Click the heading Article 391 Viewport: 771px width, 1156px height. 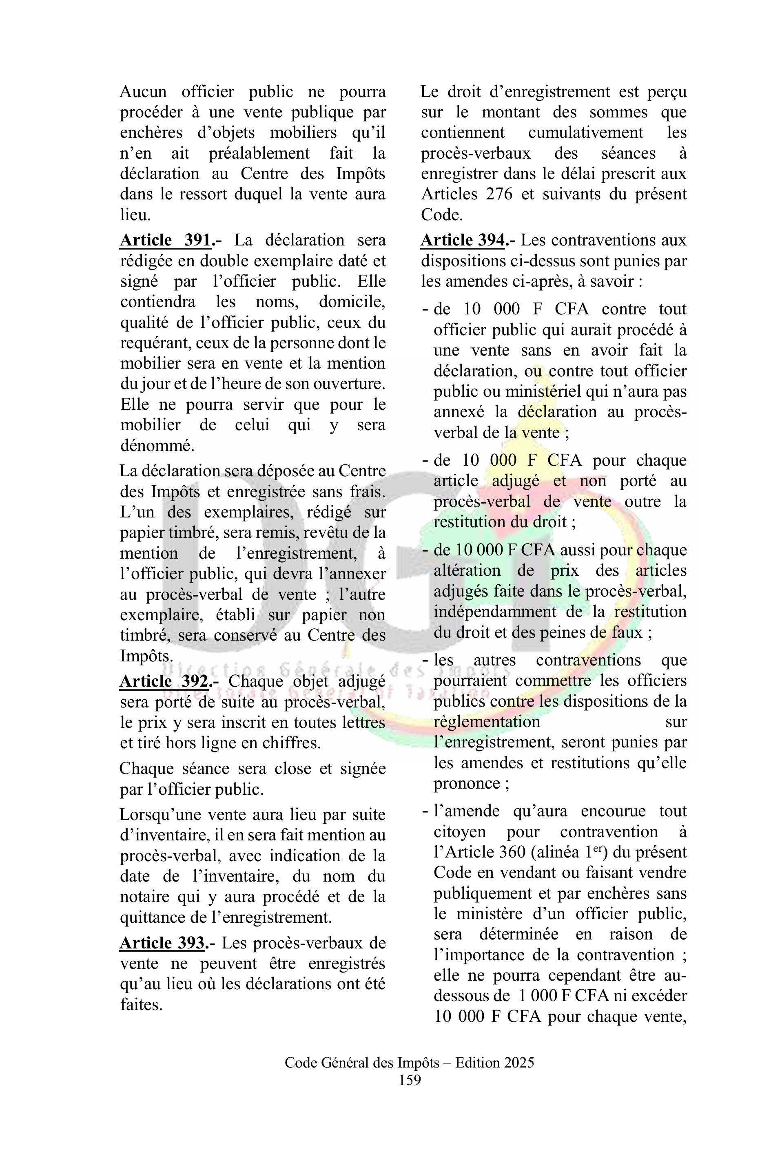click(166, 240)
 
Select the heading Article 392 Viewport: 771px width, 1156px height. click(166, 682)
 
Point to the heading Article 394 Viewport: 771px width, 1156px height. click(463, 240)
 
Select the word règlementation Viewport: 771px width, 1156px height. click(487, 722)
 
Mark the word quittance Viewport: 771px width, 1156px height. click(154, 917)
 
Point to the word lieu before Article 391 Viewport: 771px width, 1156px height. click(134, 215)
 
